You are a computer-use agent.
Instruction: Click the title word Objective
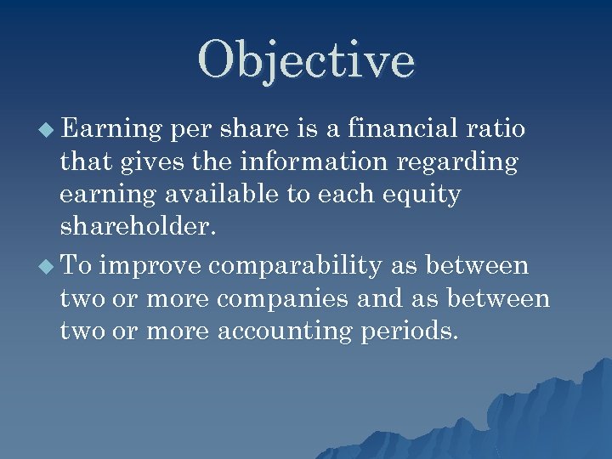306,60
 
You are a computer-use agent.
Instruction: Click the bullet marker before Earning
48,130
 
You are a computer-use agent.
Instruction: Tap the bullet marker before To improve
48,267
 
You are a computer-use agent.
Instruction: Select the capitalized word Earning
112,129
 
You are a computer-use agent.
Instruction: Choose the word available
222,195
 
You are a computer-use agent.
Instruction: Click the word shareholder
132,228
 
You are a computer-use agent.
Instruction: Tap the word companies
280,300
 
